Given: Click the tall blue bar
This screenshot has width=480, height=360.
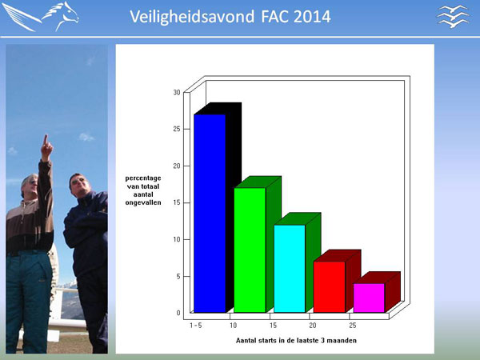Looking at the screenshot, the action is pyautogui.click(x=210, y=214).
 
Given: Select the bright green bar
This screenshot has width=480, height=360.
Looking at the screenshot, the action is pyautogui.click(x=250, y=250).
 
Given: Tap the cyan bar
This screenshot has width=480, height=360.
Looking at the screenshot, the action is pyautogui.click(x=290, y=269).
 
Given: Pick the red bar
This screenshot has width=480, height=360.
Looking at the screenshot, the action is pyautogui.click(x=330, y=287).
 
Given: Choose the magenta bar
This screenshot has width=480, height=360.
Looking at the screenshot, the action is pyautogui.click(x=369, y=298).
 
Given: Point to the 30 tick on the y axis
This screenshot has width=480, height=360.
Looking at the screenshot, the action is pyautogui.click(x=177, y=92).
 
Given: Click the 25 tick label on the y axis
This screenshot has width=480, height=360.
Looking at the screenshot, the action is pyautogui.click(x=177, y=129).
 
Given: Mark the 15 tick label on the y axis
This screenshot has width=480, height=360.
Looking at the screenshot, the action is pyautogui.click(x=177, y=202).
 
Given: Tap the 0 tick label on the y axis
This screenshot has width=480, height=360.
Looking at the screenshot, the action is pyautogui.click(x=178, y=313).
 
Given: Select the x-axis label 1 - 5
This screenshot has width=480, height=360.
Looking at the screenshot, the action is pyautogui.click(x=196, y=326).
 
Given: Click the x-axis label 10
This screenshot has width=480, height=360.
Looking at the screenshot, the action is pyautogui.click(x=234, y=326).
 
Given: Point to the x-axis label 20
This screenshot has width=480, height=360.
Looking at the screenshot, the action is pyautogui.click(x=313, y=326).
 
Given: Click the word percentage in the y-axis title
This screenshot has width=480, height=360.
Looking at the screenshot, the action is pyautogui.click(x=143, y=178).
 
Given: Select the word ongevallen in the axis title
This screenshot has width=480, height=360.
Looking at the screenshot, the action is pyautogui.click(x=143, y=202).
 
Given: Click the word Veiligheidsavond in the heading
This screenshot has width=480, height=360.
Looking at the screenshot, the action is pyautogui.click(x=192, y=17).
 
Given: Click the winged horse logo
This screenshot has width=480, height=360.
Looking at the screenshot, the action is pyautogui.click(x=41, y=17).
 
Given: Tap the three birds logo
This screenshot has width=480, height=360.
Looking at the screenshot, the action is pyautogui.click(x=453, y=17).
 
